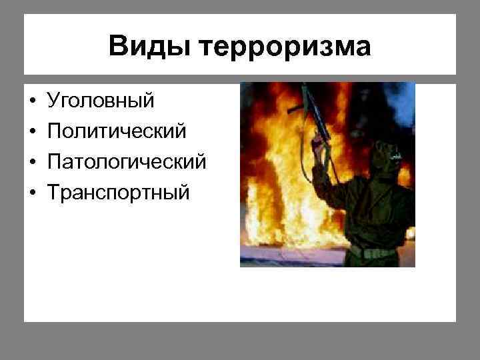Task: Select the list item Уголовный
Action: [x=100, y=101]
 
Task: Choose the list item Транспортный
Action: [x=118, y=193]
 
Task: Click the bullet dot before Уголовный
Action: [x=32, y=102]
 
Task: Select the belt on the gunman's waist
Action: [x=377, y=252]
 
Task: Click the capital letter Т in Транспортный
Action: [x=52, y=193]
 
